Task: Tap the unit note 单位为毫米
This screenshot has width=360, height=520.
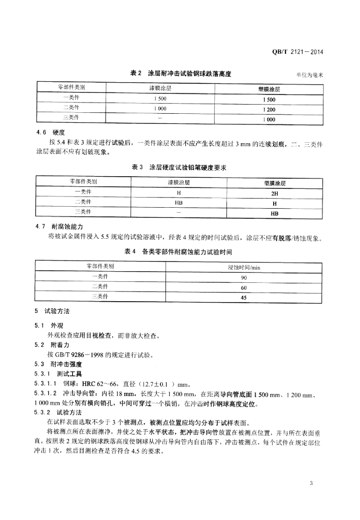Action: (310, 75)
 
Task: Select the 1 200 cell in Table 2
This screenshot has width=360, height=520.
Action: (269, 109)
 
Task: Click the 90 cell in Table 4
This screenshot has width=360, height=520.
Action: (244, 278)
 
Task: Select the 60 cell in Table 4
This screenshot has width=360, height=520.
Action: (244, 288)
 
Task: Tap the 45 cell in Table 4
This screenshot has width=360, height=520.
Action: (244, 298)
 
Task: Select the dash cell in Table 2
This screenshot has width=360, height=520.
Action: (160, 119)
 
